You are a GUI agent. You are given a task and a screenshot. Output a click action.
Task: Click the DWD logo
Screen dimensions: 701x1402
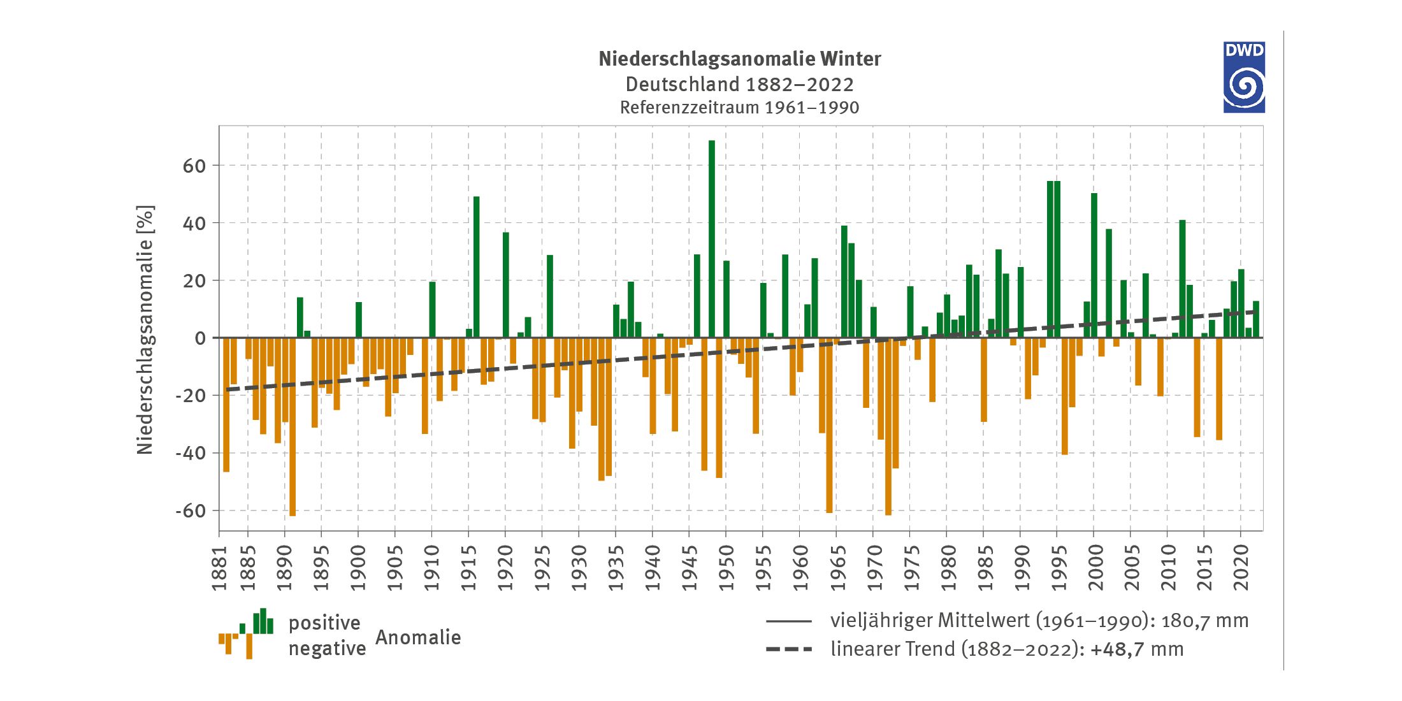pyautogui.click(x=1243, y=77)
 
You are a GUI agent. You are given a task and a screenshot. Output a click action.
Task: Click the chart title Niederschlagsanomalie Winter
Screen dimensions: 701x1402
pyautogui.click(x=739, y=59)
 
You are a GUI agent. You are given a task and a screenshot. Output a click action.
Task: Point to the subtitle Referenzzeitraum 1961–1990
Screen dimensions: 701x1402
pyautogui.click(x=739, y=108)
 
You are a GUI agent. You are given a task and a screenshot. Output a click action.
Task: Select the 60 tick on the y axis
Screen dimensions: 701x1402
pyautogui.click(x=194, y=166)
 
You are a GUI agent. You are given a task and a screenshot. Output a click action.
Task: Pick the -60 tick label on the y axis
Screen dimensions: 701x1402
pyautogui.click(x=191, y=511)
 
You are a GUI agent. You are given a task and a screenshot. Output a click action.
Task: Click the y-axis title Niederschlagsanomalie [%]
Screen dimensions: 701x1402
pyautogui.click(x=145, y=329)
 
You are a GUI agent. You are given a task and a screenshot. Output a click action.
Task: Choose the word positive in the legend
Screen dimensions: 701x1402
pyautogui.click(x=324, y=623)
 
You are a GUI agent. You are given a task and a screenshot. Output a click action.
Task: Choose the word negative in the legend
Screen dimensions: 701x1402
pyautogui.click(x=327, y=649)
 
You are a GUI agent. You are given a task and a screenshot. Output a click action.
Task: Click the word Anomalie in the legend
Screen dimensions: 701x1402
pyautogui.click(x=418, y=637)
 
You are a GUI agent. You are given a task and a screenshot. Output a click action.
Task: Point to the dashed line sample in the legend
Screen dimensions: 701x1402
pyautogui.click(x=789, y=649)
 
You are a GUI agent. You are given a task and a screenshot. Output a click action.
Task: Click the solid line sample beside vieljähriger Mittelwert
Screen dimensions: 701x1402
pyautogui.click(x=789, y=621)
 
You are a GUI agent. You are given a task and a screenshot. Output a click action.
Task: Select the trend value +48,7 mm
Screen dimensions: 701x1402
pyautogui.click(x=1137, y=649)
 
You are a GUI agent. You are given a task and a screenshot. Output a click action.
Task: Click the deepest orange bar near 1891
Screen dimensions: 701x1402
pyautogui.click(x=293, y=427)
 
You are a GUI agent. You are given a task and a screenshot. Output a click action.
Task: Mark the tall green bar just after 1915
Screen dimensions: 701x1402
pyautogui.click(x=476, y=267)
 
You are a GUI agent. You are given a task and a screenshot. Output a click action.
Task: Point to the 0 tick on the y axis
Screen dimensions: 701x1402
pyautogui.click(x=201, y=338)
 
